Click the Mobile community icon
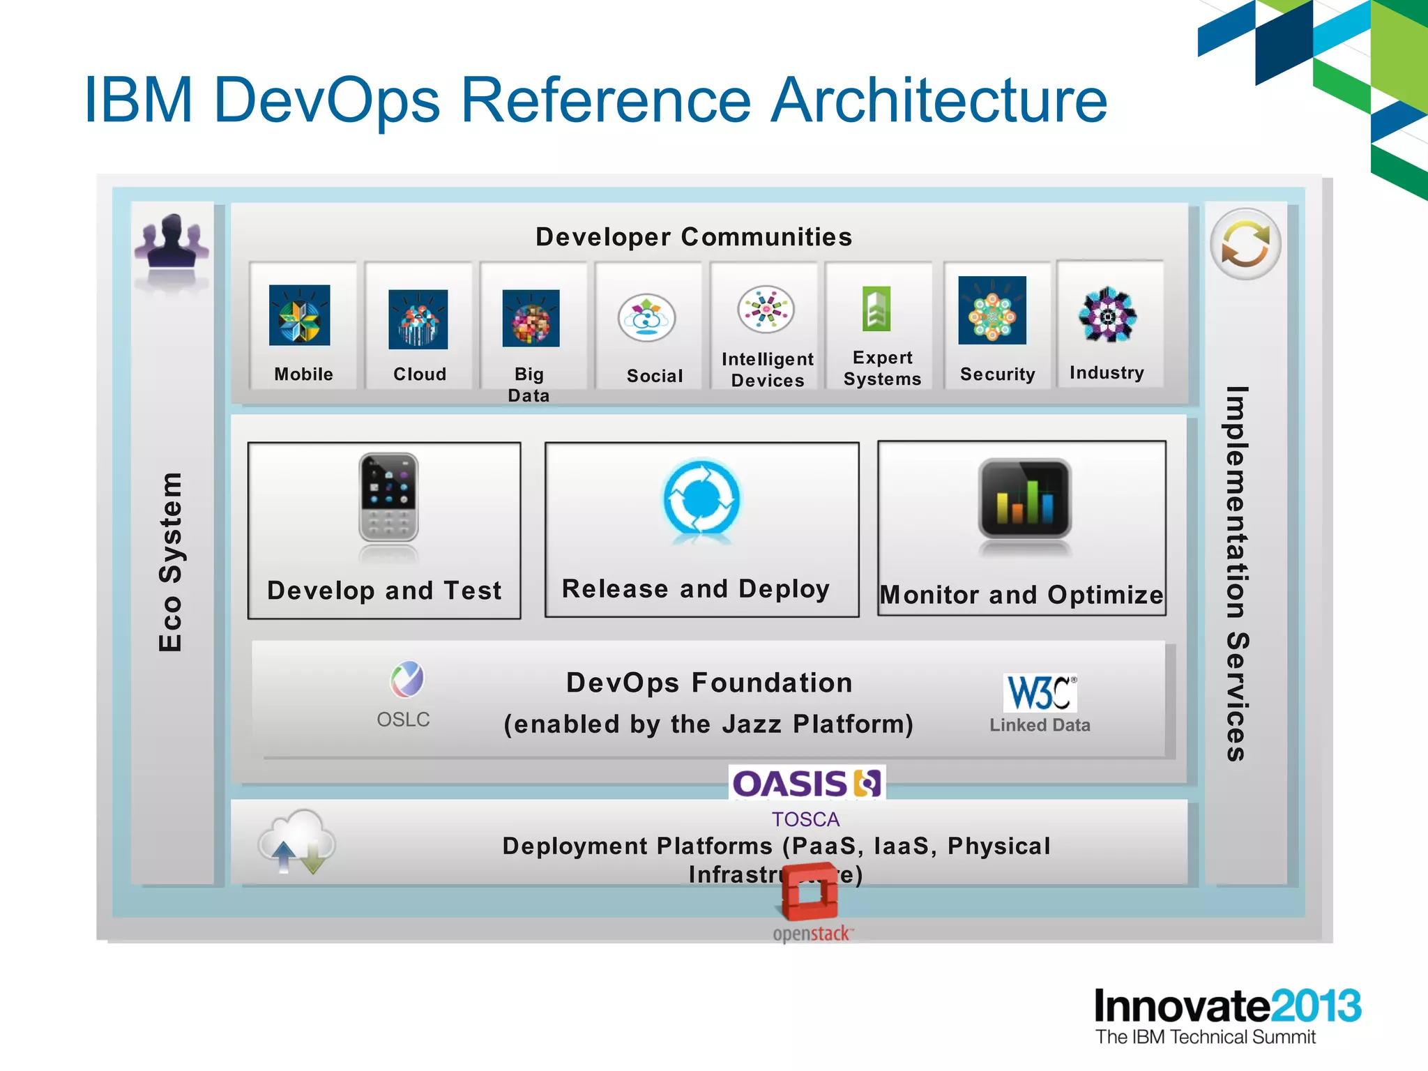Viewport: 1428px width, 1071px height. coord(299,315)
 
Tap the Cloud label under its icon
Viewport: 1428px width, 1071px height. coord(419,374)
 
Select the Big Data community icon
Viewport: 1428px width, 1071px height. coord(531,318)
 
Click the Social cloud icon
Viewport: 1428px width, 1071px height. coord(646,317)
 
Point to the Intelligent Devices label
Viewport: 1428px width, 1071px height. coord(767,370)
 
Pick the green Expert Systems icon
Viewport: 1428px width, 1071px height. coord(876,309)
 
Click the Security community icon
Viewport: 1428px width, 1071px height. coord(992,310)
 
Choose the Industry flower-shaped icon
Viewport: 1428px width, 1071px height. coord(1107,315)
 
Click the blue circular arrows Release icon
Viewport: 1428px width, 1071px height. coord(701,497)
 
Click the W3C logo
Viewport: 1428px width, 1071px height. coord(1040,692)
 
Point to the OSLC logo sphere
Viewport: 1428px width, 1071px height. coord(407,679)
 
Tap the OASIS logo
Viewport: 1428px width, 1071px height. coord(807,783)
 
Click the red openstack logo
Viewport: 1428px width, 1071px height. coord(810,892)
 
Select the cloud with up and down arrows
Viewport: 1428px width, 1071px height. coord(297,841)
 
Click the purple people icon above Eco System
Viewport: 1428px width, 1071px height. coord(172,241)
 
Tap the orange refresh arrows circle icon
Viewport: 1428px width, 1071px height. coord(1245,245)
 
